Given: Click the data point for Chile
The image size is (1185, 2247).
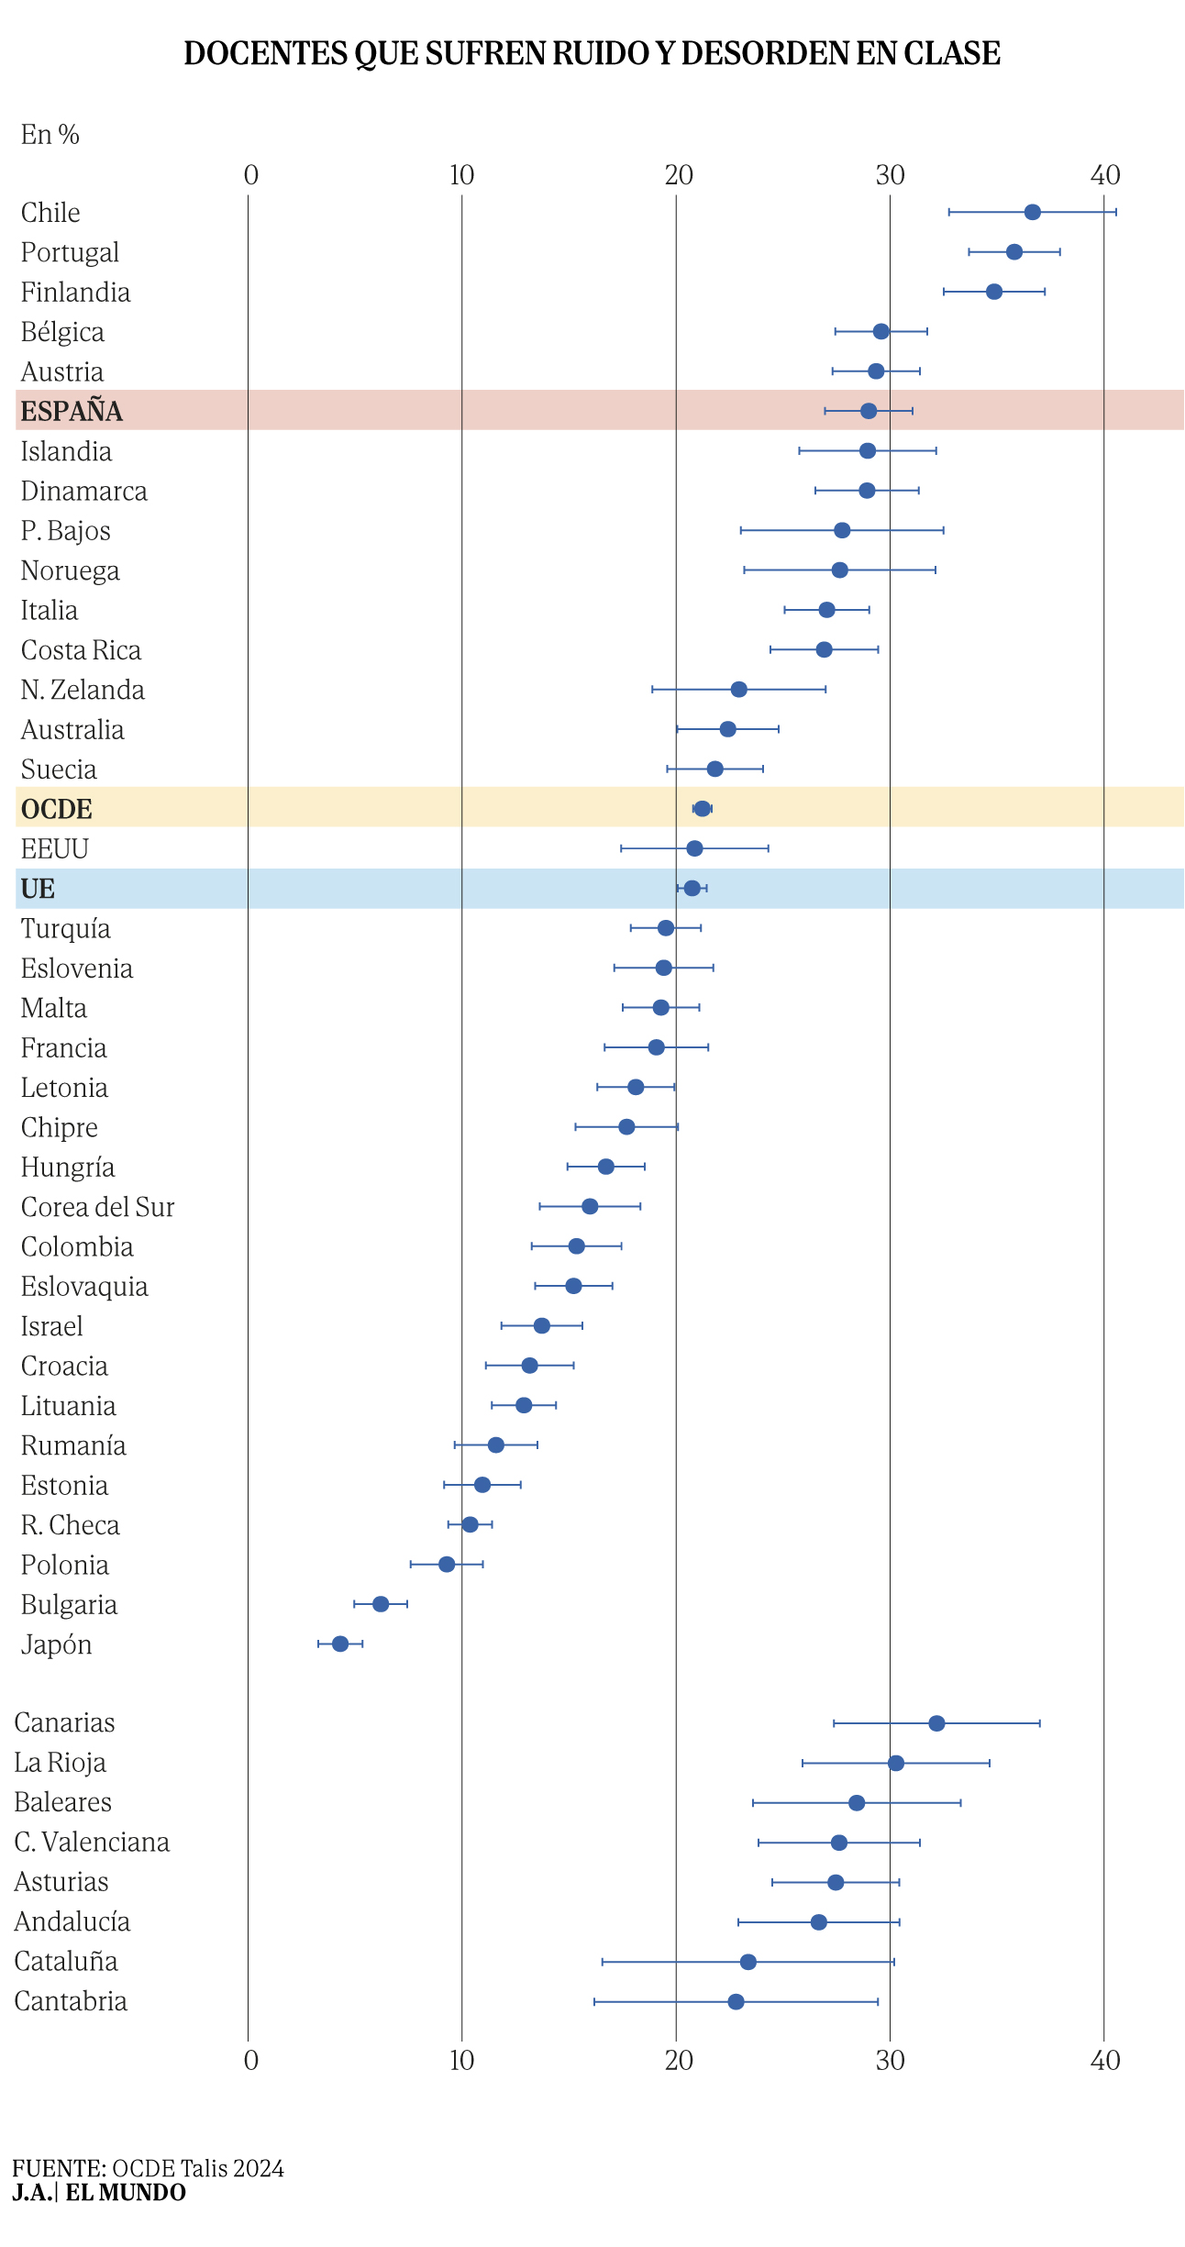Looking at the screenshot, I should coord(1032,213).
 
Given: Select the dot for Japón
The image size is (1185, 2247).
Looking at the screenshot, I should coord(340,1644).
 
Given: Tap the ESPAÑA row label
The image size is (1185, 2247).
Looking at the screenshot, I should coord(72,412).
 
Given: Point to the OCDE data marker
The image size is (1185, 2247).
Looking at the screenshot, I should coord(702,809).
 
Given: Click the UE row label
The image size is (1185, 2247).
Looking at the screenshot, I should coord(38,889).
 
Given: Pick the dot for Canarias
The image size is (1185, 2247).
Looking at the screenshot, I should coord(936,1723).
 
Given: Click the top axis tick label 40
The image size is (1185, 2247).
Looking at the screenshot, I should coord(1106,175).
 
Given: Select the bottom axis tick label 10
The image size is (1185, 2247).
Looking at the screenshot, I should coord(461,2061).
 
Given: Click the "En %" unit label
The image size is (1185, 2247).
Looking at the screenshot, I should coord(50,135).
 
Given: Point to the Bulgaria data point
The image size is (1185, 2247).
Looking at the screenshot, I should coord(381,1604).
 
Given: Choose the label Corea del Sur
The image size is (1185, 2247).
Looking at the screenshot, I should coord(97,1207).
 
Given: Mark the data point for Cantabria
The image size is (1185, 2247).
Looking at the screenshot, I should coord(736,2001).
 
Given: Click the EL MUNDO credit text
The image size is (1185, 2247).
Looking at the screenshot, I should coord(126,2192).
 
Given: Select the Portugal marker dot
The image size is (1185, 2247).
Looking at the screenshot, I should coord(1013,252).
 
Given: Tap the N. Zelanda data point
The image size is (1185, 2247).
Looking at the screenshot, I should coord(738,690).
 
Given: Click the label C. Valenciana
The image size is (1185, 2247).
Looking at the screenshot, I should coord(92,1843).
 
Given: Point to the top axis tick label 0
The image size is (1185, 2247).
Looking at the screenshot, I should coord(251,175).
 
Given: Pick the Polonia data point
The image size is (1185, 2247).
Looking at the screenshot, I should coord(447,1564).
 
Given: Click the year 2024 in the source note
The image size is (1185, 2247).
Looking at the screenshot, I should coord(258,2168).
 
